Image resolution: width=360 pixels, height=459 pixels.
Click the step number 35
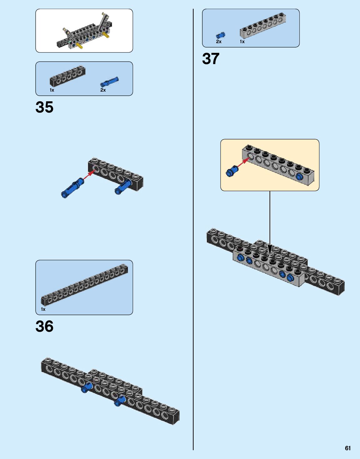tap(44, 107)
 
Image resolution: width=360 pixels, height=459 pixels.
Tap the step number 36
tap(44, 326)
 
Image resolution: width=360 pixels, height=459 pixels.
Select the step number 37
tap(210, 58)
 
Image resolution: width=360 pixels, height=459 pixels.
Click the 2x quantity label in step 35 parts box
tap(103, 90)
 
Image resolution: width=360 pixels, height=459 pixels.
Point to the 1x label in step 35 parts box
tap(52, 90)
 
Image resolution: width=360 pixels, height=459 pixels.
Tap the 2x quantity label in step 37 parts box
tap(219, 42)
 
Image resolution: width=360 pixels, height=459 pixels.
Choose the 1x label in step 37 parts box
tap(242, 42)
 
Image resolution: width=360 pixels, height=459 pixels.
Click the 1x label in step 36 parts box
tap(43, 309)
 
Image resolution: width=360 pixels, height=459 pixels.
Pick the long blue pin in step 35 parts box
tap(109, 82)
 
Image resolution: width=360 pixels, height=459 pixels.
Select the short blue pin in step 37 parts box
tap(221, 35)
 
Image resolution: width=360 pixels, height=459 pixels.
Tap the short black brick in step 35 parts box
tap(68, 76)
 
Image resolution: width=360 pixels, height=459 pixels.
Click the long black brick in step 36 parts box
tap(84, 284)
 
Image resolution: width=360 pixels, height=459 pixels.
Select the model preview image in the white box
tap(84, 31)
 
